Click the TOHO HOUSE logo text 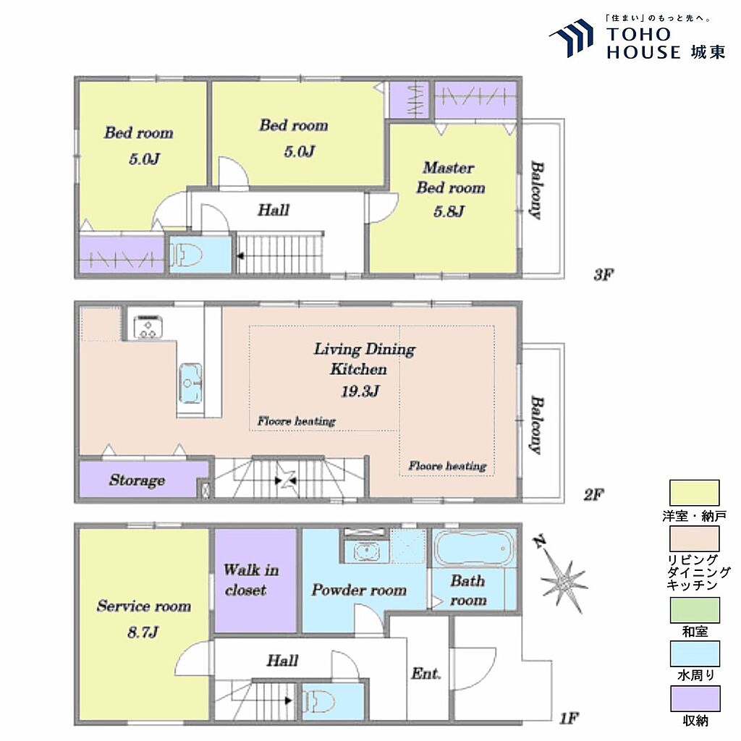[x=666, y=43]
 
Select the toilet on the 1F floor [x=319, y=701]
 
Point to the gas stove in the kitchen [x=148, y=327]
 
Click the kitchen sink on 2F [x=191, y=383]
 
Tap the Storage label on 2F [x=137, y=480]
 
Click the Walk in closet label [x=251, y=580]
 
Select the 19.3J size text [x=360, y=391]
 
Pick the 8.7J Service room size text [x=143, y=632]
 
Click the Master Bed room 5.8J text [x=450, y=189]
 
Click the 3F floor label [x=604, y=274]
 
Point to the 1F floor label [x=569, y=719]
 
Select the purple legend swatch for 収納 [x=695, y=698]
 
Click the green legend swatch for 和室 [x=695, y=610]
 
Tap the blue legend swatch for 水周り [x=695, y=654]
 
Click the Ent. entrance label [x=425, y=674]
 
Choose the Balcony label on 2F [x=536, y=424]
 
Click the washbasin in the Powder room [x=366, y=551]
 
